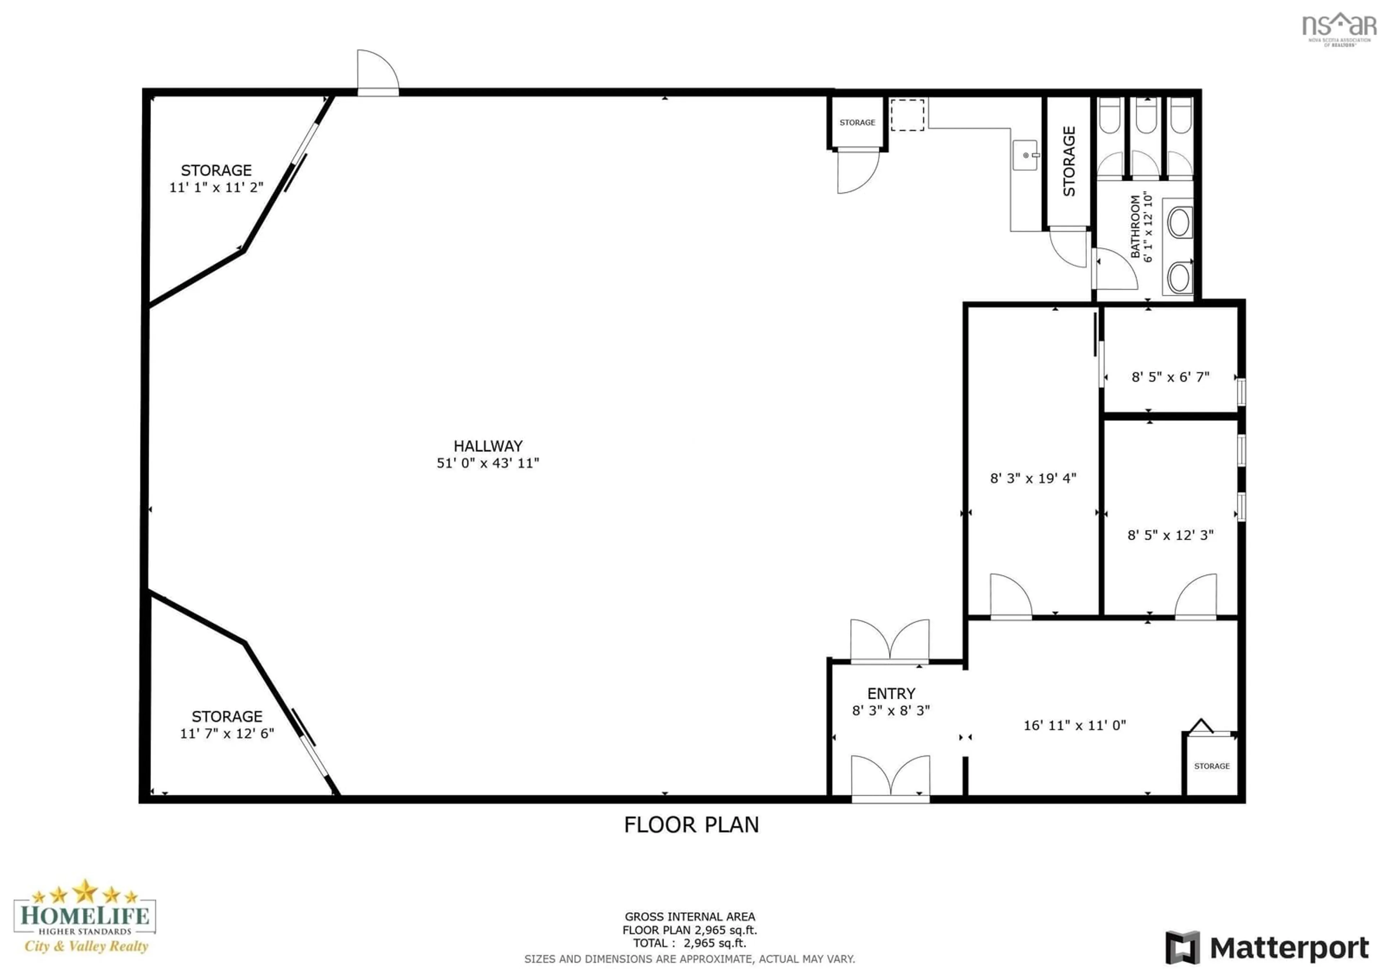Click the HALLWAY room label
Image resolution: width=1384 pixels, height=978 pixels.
click(x=488, y=446)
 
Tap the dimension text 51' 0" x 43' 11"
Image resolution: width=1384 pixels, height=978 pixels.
click(x=488, y=463)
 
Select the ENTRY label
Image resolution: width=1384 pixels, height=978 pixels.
click(x=891, y=694)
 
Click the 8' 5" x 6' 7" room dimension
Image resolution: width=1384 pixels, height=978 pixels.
click(x=1170, y=377)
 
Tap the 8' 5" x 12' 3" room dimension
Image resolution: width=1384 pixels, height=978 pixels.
click(x=1170, y=535)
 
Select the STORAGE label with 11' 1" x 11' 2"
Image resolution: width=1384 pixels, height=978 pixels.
click(x=216, y=170)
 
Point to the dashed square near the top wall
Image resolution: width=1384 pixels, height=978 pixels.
click(x=907, y=115)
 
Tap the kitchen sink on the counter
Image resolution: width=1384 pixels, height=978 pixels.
click(x=1025, y=155)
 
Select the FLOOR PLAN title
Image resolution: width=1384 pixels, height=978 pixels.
click(x=691, y=825)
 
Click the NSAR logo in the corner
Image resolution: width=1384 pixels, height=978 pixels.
click(x=1339, y=27)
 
